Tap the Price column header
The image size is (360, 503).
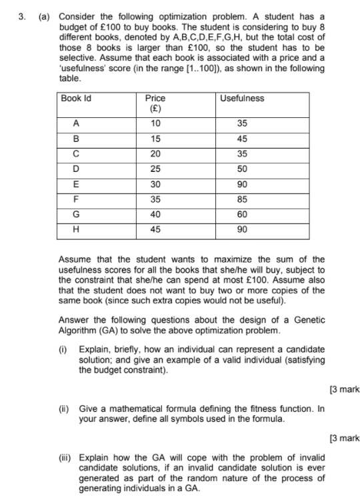(155, 98)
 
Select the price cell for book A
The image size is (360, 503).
(155, 123)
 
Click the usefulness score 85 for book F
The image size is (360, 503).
(242, 199)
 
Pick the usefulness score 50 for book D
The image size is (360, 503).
(242, 169)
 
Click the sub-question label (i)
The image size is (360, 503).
(64, 349)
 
